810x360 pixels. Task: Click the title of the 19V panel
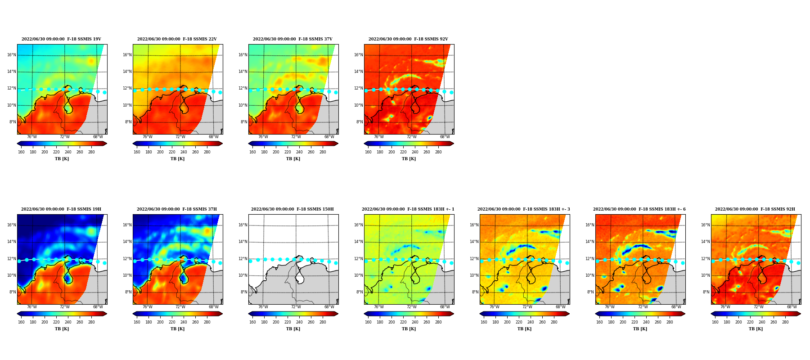click(x=61, y=39)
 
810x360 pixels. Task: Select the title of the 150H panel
click(x=292, y=209)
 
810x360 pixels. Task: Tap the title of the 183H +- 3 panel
click(x=524, y=209)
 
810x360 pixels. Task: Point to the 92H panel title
click(x=755, y=209)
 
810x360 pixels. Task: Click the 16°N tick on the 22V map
click(x=127, y=55)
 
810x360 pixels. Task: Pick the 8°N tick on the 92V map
click(x=360, y=122)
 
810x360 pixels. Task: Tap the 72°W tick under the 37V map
click(x=296, y=137)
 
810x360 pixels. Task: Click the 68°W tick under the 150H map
click(x=329, y=307)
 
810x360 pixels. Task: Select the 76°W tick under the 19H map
click(x=31, y=307)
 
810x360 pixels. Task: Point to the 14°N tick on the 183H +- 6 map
click(x=590, y=242)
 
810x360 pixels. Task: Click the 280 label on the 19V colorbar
click(x=91, y=152)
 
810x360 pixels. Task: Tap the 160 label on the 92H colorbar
click(x=715, y=322)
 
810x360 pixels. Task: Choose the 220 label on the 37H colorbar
click(x=172, y=322)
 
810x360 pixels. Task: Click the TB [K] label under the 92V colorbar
click(x=409, y=159)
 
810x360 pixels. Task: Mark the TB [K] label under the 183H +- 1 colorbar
click(x=409, y=329)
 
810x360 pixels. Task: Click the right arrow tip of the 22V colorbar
click(x=223, y=144)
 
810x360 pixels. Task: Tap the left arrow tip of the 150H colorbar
click(x=248, y=314)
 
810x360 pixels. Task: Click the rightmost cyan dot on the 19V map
click(x=104, y=92)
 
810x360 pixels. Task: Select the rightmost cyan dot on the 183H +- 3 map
click(x=567, y=263)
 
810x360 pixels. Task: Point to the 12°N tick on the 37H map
click(x=127, y=259)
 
